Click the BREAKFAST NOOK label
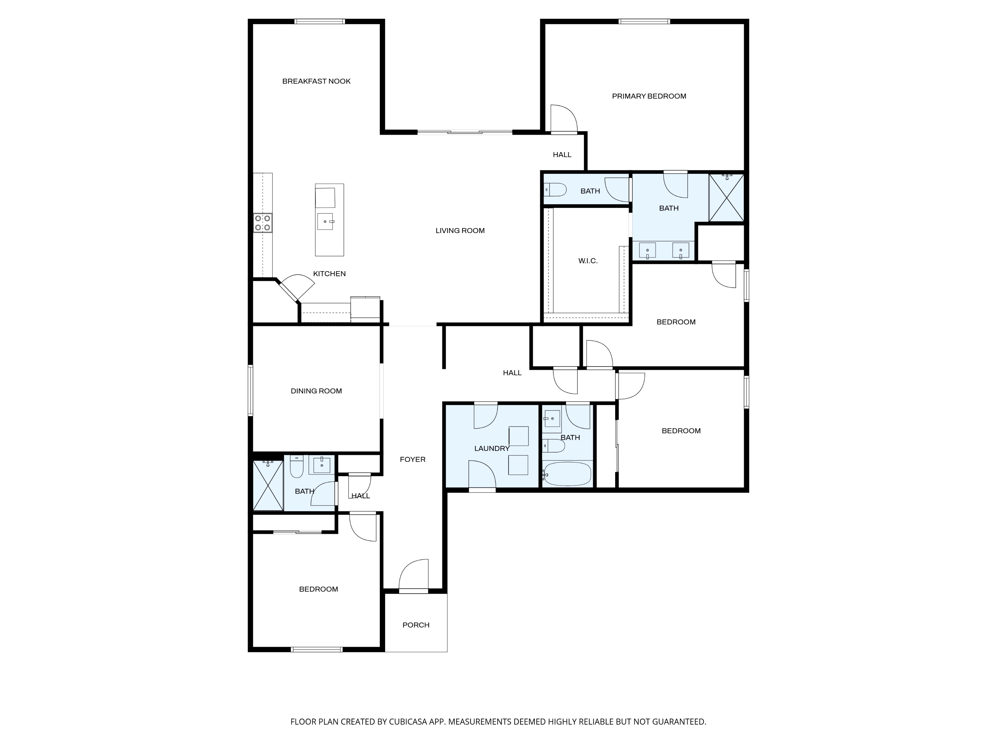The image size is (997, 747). [316, 81]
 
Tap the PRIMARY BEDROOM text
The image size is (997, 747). [649, 96]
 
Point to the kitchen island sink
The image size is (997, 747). [325, 221]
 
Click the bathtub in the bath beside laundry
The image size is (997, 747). [567, 474]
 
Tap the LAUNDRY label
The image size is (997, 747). [492, 449]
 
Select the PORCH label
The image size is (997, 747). [415, 625]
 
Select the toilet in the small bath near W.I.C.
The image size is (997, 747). [555, 190]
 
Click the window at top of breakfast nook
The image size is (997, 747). [320, 21]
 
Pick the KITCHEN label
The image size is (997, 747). [329, 274]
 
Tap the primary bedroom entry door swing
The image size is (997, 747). [563, 119]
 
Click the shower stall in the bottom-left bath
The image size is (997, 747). [268, 486]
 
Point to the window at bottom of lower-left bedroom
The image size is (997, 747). [317, 649]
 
